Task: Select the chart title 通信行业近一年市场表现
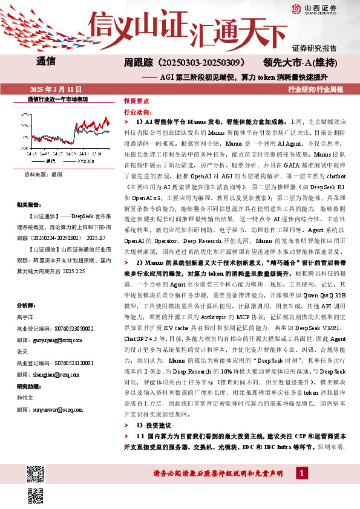58,98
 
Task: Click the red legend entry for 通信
48,161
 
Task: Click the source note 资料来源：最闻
43,174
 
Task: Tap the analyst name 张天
22,351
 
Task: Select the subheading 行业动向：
137,112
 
